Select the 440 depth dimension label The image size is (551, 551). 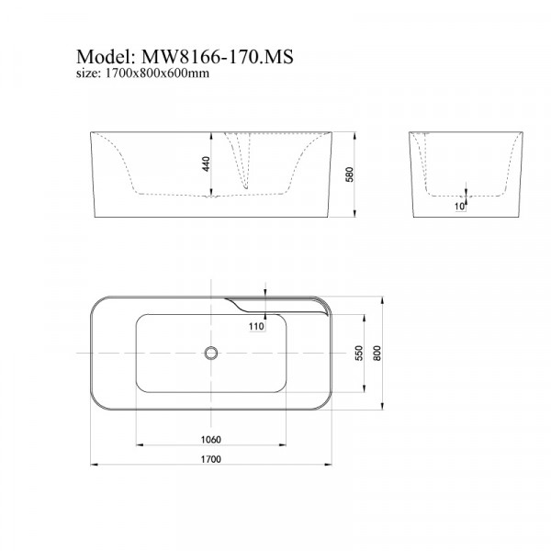tap(207, 164)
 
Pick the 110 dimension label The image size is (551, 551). tap(255, 325)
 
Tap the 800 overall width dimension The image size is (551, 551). tap(376, 354)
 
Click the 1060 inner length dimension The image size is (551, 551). tap(210, 439)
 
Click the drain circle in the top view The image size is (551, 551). tap(210, 352)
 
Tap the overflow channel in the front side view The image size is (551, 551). tap(246, 161)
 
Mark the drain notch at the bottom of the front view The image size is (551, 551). tap(214, 195)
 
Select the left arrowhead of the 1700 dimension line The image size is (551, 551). tap(95, 466)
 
